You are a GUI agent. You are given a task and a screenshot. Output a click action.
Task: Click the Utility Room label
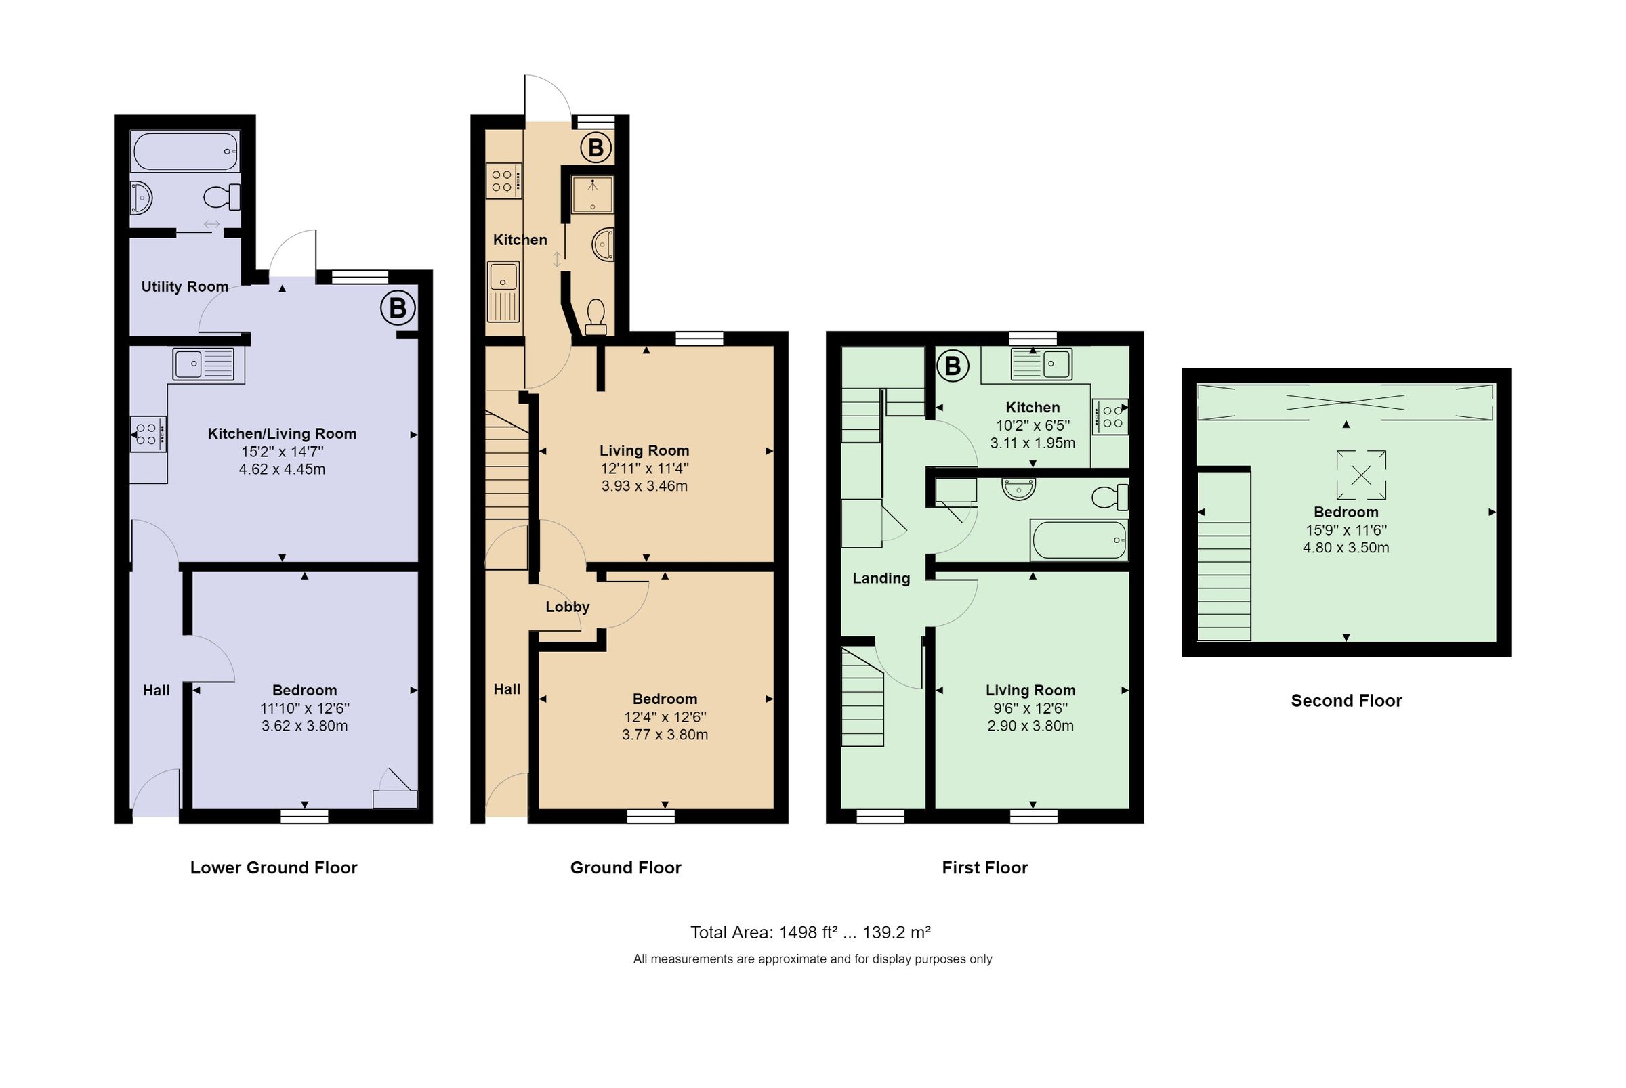(184, 286)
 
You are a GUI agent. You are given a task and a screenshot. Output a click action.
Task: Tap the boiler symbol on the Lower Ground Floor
(398, 307)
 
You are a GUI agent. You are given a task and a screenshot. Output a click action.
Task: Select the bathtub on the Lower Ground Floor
(186, 152)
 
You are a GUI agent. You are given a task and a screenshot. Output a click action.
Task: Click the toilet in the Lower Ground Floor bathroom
(223, 197)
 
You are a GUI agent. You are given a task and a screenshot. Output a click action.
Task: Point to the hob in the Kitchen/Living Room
(148, 435)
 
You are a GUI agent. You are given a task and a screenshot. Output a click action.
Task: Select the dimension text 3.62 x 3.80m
(304, 726)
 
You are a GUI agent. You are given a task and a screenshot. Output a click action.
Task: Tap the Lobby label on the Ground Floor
(567, 607)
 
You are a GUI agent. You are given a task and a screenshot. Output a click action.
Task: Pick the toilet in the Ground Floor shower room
(596, 317)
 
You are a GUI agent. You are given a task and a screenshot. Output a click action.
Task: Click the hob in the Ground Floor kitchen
(503, 180)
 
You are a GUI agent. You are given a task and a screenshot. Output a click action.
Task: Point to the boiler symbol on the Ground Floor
(596, 148)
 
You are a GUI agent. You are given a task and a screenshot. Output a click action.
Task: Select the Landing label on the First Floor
(881, 578)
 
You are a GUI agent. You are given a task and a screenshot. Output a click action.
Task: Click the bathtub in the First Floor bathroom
(1079, 540)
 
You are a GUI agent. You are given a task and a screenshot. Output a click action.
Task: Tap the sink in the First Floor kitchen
(1042, 364)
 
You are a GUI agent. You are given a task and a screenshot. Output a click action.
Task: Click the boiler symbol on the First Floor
(953, 366)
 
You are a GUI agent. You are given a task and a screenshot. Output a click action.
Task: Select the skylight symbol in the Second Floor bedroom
(1361, 475)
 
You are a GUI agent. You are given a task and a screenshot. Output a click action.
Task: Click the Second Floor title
(1346, 701)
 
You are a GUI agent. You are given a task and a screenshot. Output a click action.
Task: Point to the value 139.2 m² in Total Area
(896, 932)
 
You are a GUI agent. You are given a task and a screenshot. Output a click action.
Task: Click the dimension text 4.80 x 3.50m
(1346, 548)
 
